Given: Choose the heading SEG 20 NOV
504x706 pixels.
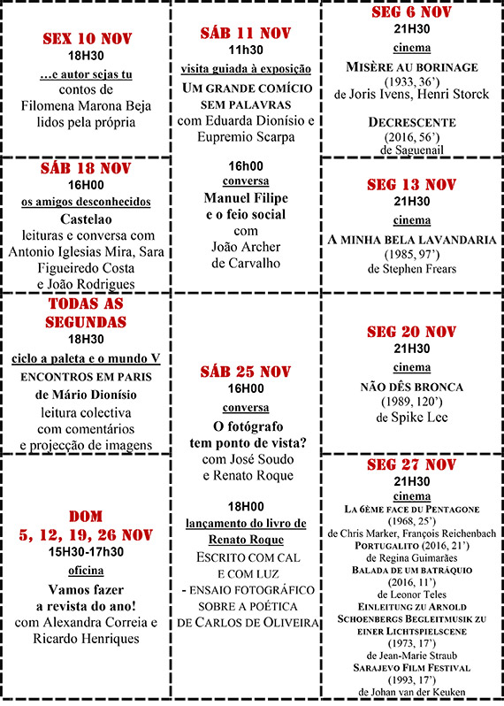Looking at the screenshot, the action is [411, 332].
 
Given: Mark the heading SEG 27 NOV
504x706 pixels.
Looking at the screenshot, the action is [411, 464].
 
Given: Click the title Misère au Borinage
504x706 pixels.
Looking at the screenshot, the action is [411, 67].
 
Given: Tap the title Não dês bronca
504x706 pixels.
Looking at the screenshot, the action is [411, 387].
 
